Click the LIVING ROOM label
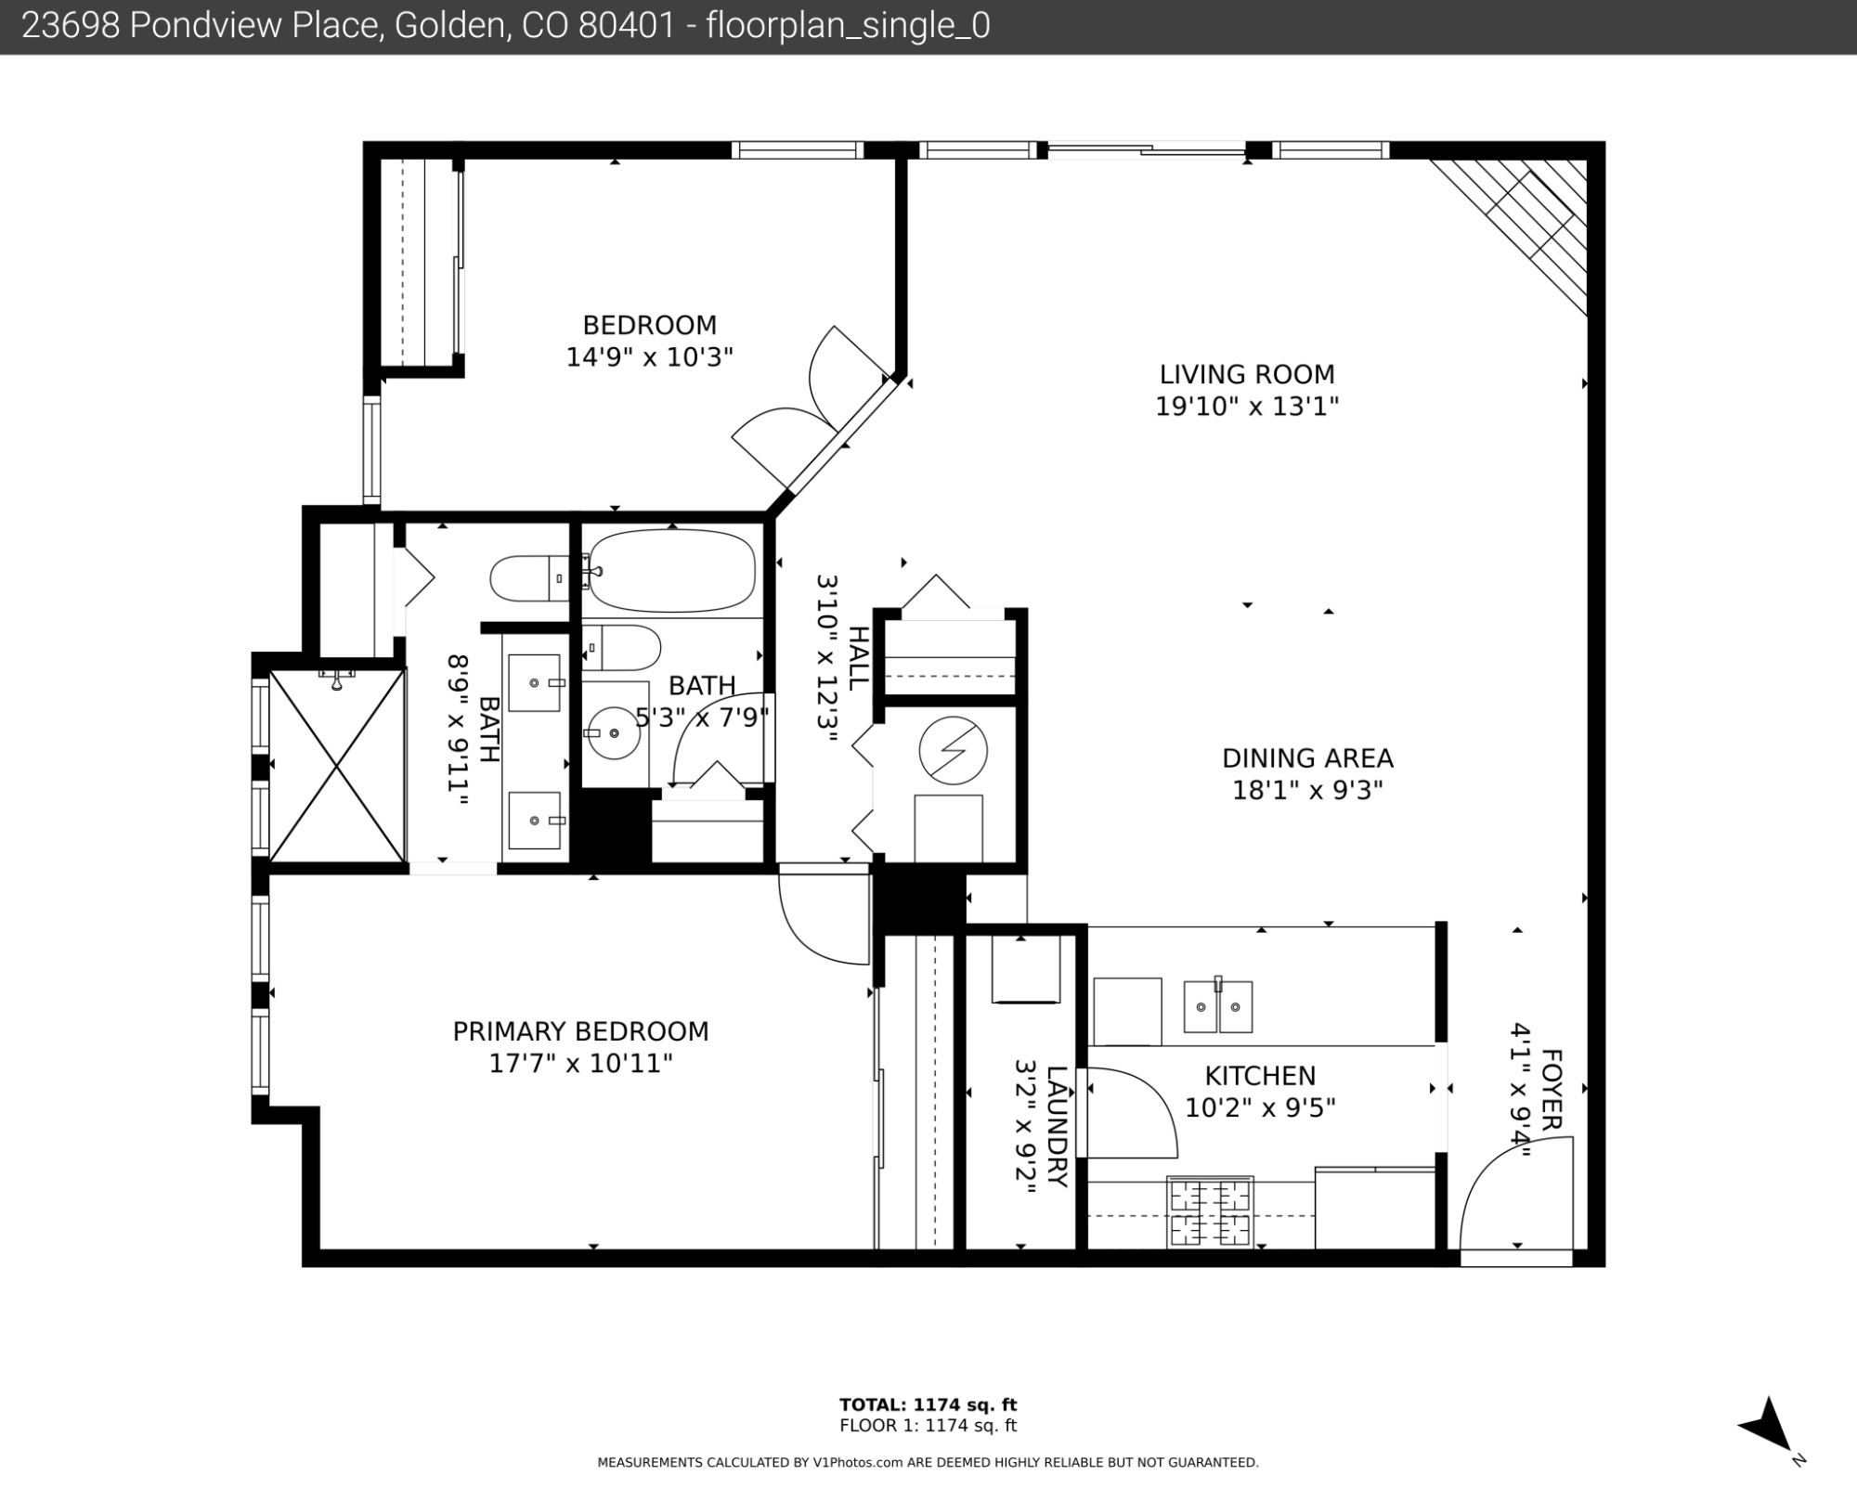point(1247,374)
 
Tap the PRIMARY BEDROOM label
point(580,1031)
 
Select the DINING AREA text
point(1307,758)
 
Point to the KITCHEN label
point(1260,1076)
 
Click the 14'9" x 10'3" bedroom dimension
point(650,356)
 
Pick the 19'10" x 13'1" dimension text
point(1247,406)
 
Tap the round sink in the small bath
point(615,732)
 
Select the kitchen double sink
point(1217,1005)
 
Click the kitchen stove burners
point(1210,1211)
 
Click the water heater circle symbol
point(953,750)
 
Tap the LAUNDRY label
point(1057,1126)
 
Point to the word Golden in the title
point(450,26)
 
